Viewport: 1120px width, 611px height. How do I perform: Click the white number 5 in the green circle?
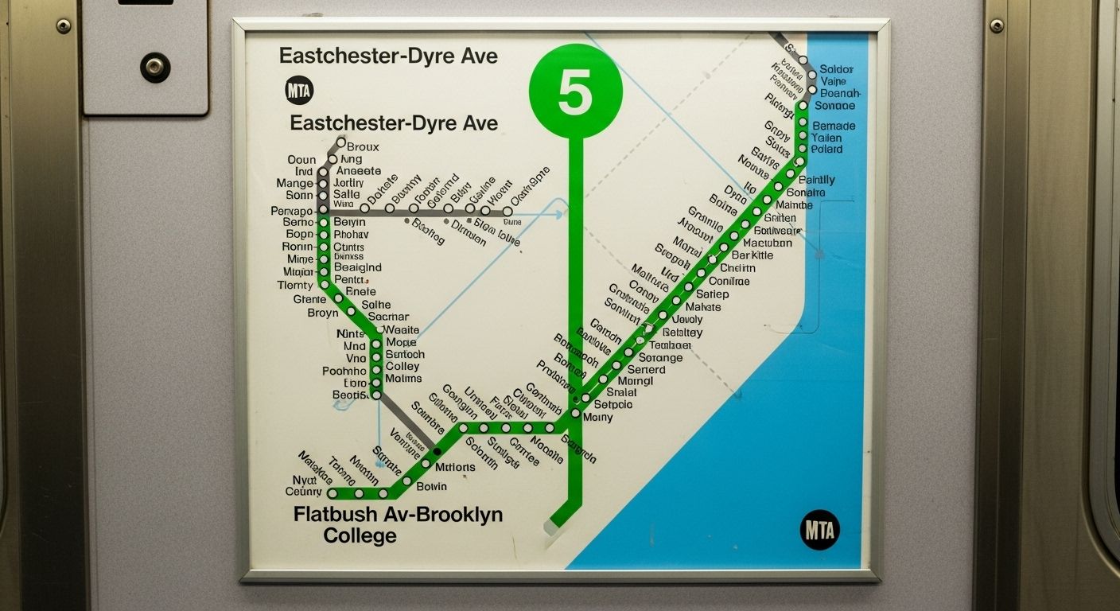[x=575, y=93]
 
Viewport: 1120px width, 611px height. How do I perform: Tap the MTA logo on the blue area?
[x=819, y=530]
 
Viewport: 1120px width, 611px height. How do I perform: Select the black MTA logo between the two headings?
[x=299, y=91]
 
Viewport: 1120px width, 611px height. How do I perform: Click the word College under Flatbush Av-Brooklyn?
[x=360, y=536]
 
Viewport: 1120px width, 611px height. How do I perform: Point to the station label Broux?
[x=364, y=147]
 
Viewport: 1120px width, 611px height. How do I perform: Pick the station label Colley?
[x=402, y=367]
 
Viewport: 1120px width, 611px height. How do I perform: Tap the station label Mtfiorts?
[x=456, y=467]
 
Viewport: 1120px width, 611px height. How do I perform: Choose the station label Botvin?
[x=432, y=486]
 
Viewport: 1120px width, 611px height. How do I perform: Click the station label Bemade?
[x=834, y=126]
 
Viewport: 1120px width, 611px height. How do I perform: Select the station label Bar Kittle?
[x=752, y=255]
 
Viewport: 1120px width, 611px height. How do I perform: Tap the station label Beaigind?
[x=358, y=267]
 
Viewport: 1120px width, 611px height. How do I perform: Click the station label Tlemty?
[x=295, y=286]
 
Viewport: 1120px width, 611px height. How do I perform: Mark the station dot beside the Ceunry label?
[x=332, y=493]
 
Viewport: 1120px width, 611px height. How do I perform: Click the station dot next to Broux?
[x=341, y=143]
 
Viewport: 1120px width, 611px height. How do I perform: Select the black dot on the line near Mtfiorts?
[x=437, y=451]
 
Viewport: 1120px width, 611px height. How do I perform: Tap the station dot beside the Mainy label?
[x=576, y=414]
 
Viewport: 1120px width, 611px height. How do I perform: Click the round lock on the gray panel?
[x=155, y=67]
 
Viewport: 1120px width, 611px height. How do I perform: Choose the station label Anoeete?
[x=359, y=171]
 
